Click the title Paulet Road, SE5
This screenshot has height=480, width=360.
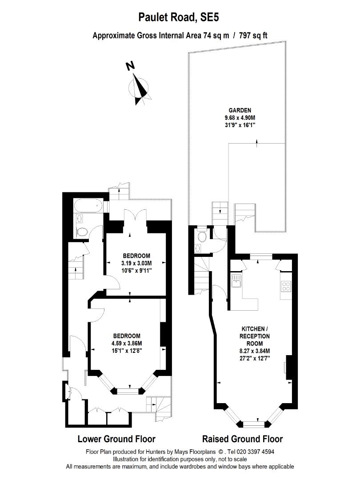[180, 18]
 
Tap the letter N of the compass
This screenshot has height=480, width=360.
[130, 66]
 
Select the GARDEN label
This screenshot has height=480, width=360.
[240, 110]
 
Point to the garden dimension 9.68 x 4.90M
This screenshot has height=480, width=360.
[240, 118]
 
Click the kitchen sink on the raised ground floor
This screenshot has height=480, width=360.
[236, 281]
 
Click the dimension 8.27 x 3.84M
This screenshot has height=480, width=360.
[255, 351]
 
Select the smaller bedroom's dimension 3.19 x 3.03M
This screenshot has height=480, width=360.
[136, 263]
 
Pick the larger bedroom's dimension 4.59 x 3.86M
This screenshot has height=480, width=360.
[127, 343]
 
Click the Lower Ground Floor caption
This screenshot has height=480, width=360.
[116, 439]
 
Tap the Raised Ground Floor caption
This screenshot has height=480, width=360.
[242, 439]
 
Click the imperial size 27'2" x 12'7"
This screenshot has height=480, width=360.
[255, 358]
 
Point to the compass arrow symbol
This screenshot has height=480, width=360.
[141, 88]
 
